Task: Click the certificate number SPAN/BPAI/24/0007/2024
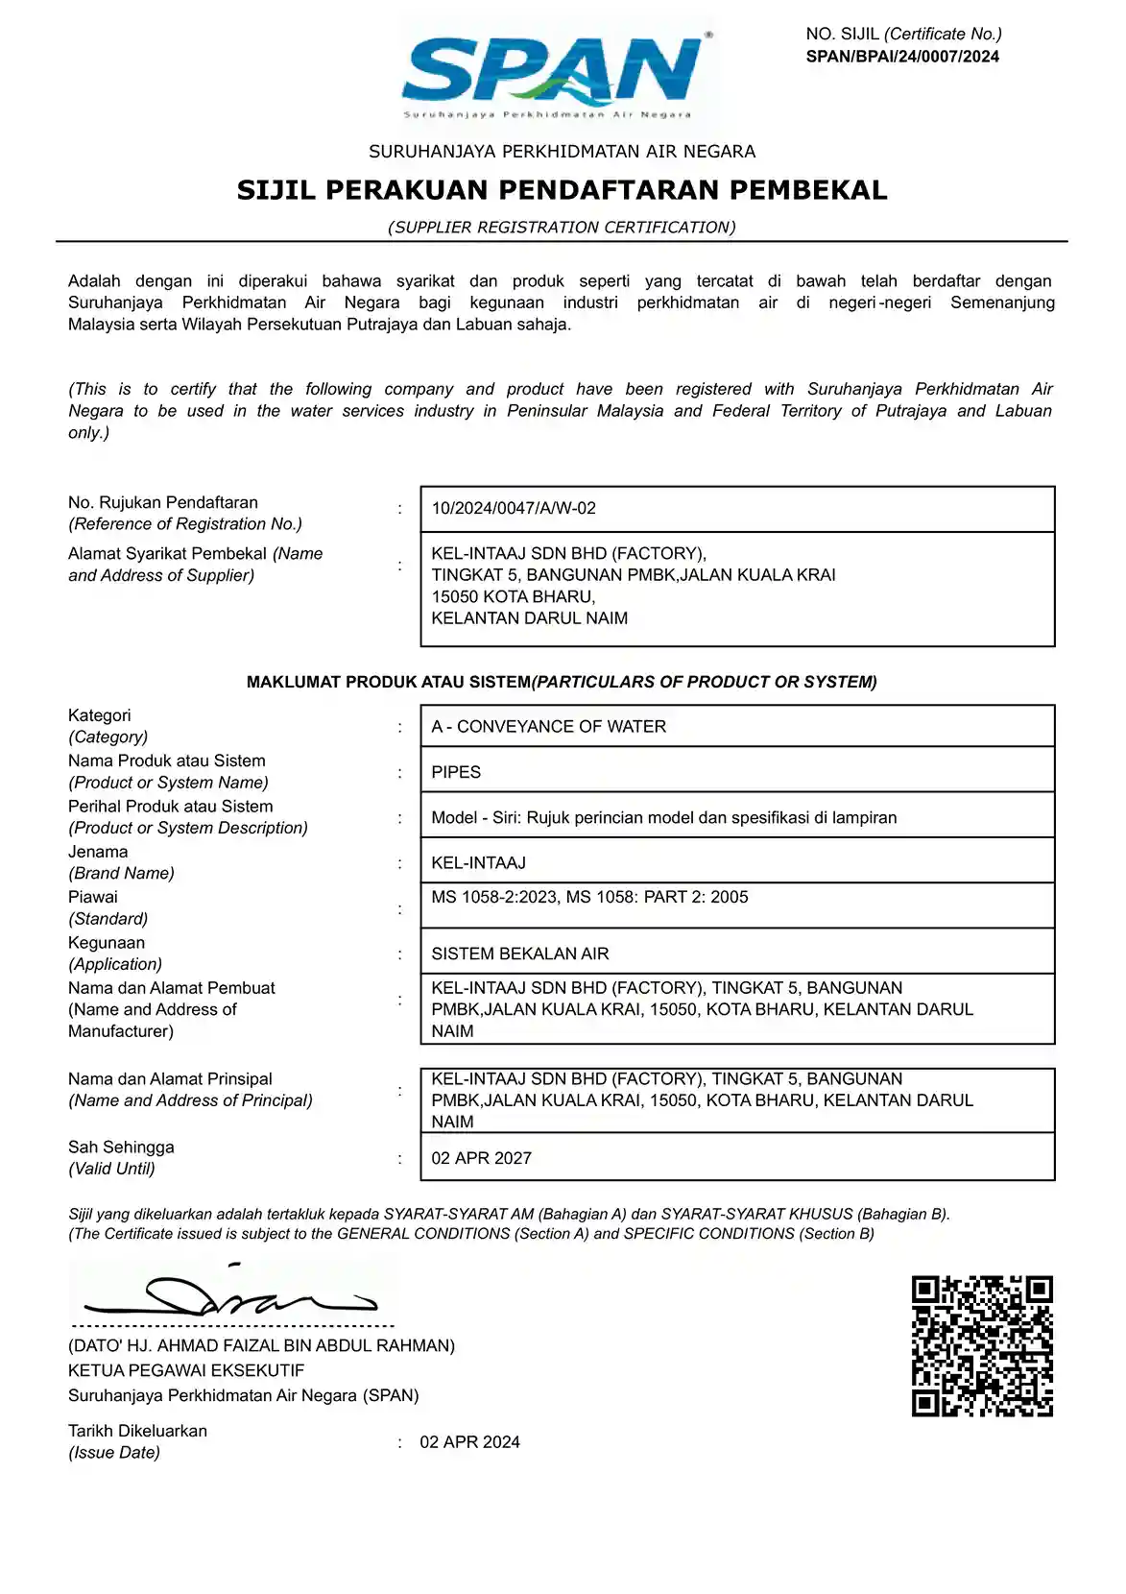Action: point(902,57)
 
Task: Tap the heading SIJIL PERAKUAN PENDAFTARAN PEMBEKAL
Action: point(562,190)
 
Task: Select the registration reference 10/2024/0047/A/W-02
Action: point(514,508)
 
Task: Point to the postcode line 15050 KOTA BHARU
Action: point(513,596)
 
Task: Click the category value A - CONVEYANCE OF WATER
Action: point(548,727)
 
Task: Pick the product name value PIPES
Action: point(456,772)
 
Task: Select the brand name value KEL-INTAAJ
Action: point(478,863)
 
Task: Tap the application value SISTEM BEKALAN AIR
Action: point(519,954)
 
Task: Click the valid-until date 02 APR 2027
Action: point(481,1158)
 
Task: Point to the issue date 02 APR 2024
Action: point(469,1442)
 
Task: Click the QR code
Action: point(982,1345)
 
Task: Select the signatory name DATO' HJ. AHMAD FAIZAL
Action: point(261,1346)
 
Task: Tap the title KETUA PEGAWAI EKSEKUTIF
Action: point(186,1370)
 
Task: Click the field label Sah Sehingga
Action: point(121,1147)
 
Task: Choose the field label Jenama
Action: point(98,852)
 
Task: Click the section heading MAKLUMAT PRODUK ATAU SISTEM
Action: point(388,682)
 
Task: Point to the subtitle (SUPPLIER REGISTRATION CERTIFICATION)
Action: point(562,228)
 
